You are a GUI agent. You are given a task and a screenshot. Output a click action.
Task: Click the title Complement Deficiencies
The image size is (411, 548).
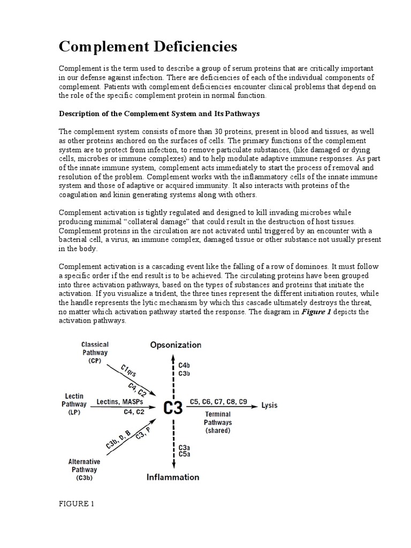(148, 47)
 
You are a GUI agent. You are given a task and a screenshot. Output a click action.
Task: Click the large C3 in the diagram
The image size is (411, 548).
(172, 408)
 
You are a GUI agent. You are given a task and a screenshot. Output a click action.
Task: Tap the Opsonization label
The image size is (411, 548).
(176, 345)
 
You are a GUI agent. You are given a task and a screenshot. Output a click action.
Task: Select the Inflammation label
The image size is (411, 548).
(173, 477)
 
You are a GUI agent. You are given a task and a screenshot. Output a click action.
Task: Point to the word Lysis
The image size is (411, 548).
(269, 405)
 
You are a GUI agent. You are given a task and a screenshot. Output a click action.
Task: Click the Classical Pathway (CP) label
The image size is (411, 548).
(94, 353)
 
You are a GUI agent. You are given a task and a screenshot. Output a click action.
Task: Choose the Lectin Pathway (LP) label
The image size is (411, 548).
(73, 405)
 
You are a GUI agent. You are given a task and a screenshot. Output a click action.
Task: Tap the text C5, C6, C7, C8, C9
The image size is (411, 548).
(217, 401)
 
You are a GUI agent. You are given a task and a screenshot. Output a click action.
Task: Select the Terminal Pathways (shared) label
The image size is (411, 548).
(218, 422)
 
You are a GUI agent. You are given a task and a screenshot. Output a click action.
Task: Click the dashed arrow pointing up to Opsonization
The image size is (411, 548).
(172, 375)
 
